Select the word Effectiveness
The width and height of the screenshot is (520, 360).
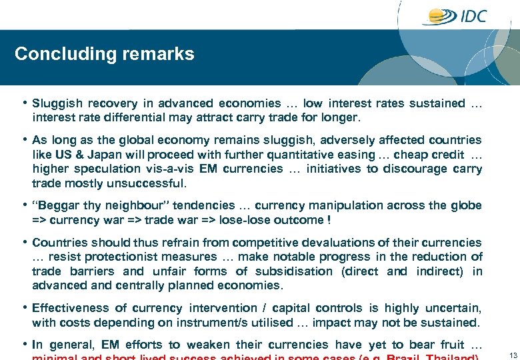[x=69, y=308]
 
